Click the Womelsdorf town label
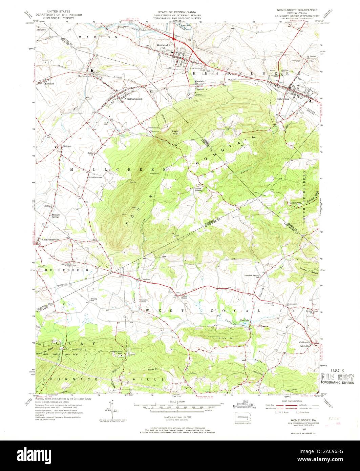click(164, 45)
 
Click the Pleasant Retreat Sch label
click(254, 276)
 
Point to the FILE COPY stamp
click(337, 377)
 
